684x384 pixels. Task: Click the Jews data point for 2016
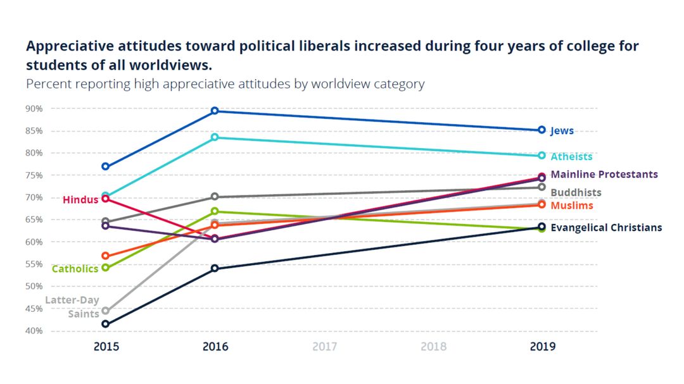215,111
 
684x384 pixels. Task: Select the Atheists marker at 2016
215,137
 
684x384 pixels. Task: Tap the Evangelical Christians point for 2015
105,324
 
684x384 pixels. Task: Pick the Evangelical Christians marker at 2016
215,268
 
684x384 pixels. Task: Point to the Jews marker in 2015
105,166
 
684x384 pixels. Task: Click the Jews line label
562,131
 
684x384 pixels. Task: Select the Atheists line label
571,156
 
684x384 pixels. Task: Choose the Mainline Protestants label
604,174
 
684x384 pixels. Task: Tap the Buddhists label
576,192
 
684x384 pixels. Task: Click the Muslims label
572,206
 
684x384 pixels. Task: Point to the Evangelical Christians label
606,228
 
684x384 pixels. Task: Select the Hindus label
80,200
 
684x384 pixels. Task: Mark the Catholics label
75,269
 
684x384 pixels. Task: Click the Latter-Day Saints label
72,307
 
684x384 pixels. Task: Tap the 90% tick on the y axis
34,109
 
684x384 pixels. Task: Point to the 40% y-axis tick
34,331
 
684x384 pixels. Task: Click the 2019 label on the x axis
543,347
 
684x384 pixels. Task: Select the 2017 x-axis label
324,347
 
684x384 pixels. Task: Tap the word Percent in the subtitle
46,84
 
